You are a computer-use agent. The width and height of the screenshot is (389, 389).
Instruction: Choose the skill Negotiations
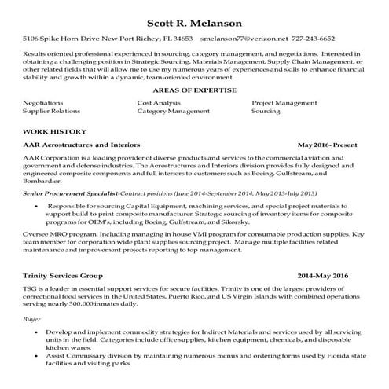tap(43, 103)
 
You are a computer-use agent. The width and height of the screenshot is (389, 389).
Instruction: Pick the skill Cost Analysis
tap(159, 103)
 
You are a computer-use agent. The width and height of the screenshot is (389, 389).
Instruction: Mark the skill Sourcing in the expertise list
tap(266, 112)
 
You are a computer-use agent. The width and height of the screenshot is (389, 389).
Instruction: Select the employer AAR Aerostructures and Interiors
tap(82, 145)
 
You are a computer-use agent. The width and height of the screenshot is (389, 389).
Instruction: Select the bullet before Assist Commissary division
tap(38, 356)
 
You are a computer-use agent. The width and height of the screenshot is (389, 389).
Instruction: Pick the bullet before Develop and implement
tap(38, 334)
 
